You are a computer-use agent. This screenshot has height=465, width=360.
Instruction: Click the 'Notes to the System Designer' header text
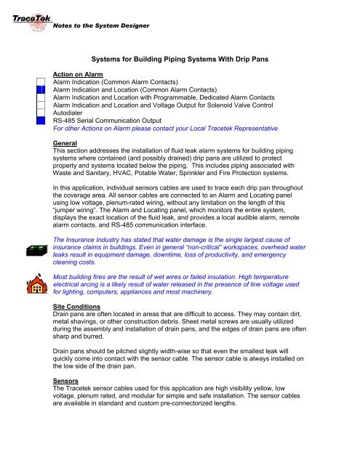pos(101,26)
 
